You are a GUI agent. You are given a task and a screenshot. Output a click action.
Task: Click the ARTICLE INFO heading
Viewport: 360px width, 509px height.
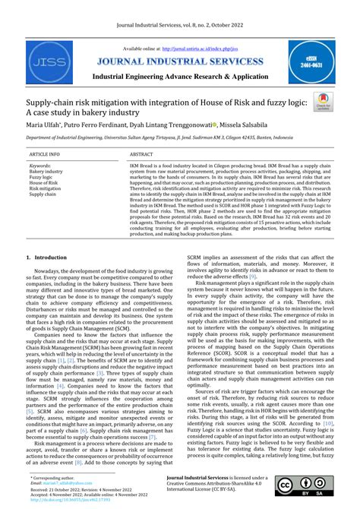45,153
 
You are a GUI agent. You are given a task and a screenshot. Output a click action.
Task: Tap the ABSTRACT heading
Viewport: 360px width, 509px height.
141,153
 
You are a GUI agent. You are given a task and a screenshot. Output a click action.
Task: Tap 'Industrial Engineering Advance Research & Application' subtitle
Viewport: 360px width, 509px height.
181,78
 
